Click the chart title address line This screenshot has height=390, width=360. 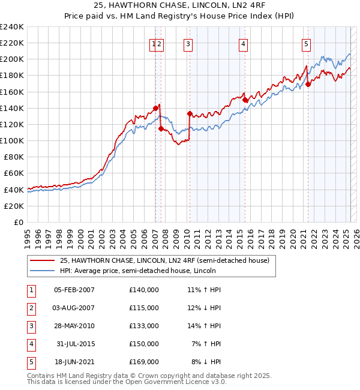click(180, 5)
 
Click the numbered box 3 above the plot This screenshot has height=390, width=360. click(188, 43)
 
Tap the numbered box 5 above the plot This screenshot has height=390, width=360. click(307, 43)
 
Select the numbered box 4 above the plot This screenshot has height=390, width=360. click(244, 43)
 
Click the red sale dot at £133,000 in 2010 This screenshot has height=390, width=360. click(190, 113)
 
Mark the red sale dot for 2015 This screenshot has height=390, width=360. click(245, 100)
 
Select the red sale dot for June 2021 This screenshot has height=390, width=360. click(308, 85)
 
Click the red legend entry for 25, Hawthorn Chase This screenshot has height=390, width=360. click(164, 260)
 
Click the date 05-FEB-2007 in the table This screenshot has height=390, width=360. click(74, 290)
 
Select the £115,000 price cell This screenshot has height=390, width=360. click(144, 308)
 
